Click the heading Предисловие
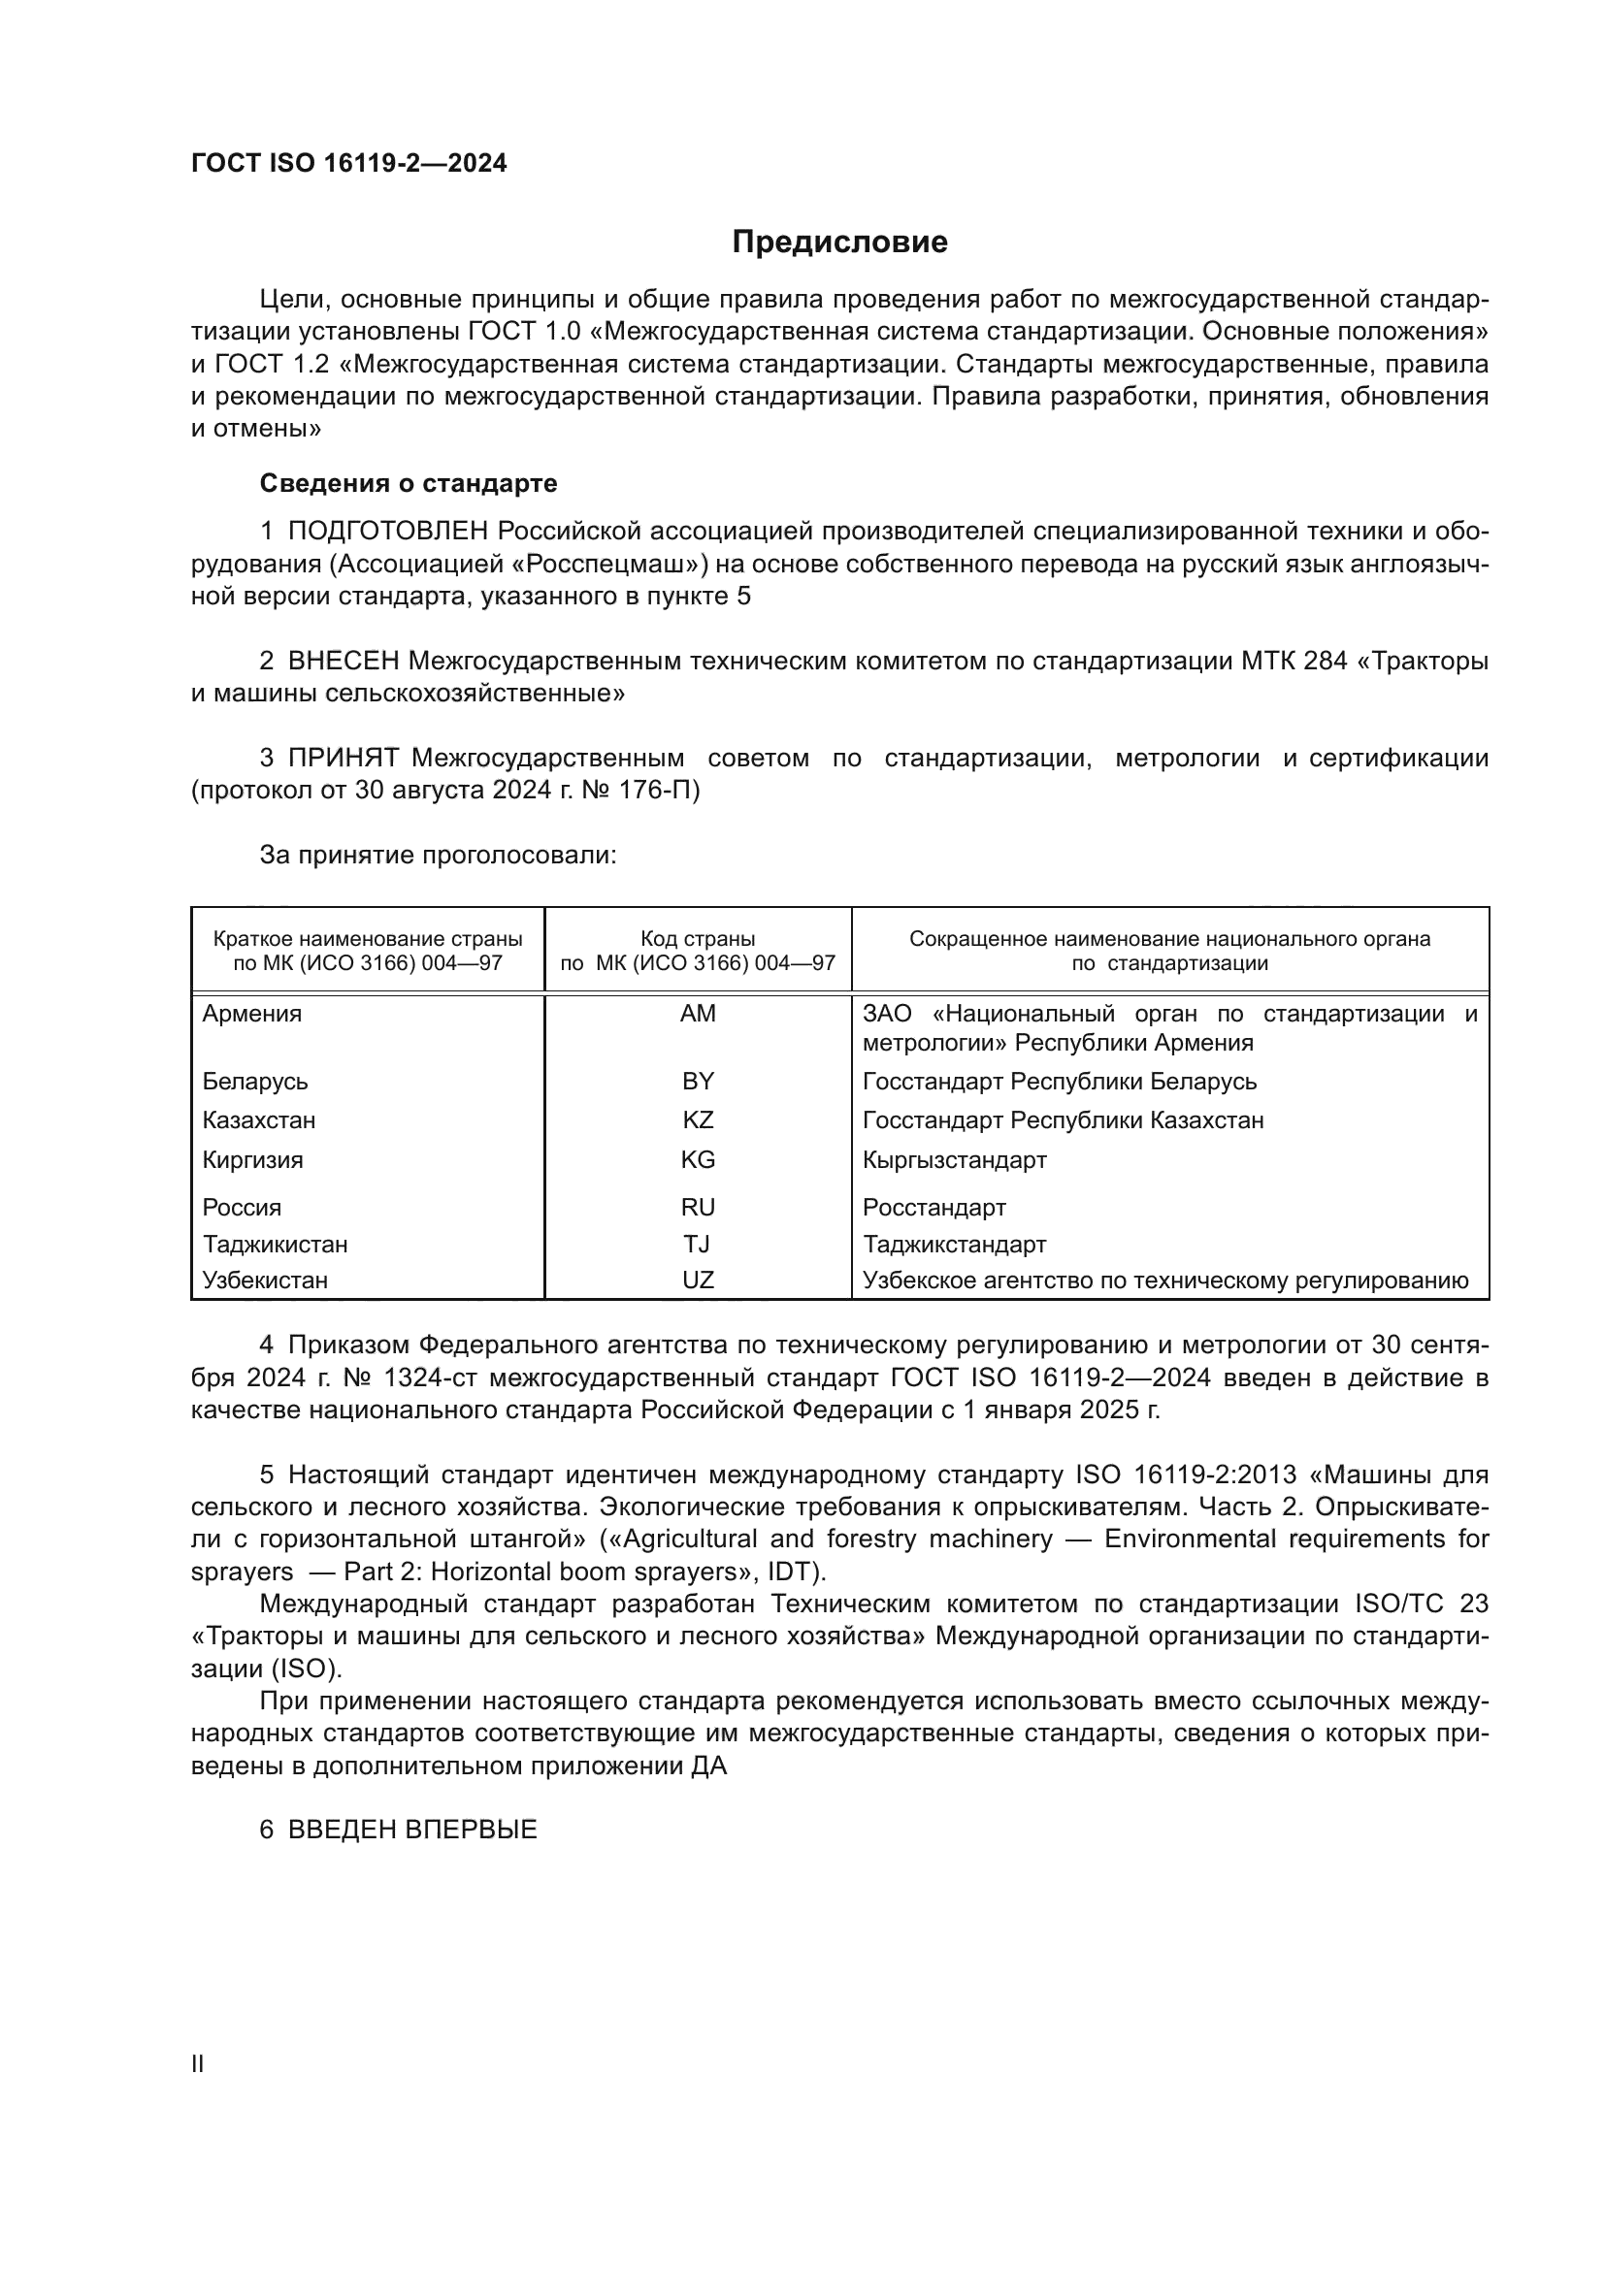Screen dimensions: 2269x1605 tap(839, 243)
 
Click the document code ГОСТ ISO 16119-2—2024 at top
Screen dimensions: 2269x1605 tap(349, 164)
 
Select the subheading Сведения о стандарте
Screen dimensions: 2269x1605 tap(409, 483)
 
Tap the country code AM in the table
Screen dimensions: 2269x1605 tap(698, 1014)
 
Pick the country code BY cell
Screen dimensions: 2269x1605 tap(698, 1081)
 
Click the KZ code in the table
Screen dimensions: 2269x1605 tap(698, 1120)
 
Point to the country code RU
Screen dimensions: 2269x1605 tap(698, 1208)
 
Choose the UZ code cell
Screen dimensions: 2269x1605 tap(698, 1280)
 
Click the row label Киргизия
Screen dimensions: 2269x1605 tap(253, 1160)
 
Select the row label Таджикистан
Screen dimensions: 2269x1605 tap(275, 1245)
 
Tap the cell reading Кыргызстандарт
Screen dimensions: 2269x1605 tap(954, 1160)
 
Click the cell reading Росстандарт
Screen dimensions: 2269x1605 tap(934, 1208)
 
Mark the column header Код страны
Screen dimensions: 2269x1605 tap(698, 939)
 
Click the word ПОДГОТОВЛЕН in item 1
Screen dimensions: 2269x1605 tap(387, 532)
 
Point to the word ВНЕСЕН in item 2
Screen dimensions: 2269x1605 tap(343, 662)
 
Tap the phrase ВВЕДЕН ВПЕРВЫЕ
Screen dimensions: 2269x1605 tap(412, 1830)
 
